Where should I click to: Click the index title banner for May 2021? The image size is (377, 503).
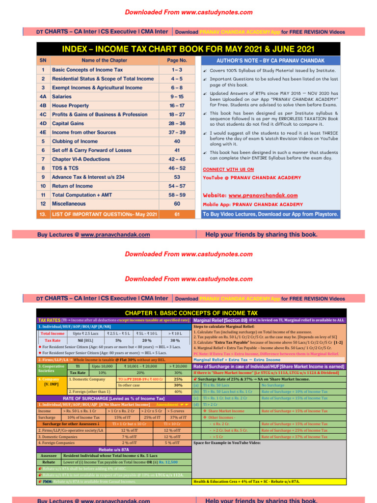[188, 49]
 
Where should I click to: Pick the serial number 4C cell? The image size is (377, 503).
[43, 113]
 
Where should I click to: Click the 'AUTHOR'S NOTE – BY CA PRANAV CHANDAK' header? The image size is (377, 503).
[270, 60]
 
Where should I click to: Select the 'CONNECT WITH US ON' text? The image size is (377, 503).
[228, 169]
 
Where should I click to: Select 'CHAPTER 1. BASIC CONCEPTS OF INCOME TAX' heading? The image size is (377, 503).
[191, 312]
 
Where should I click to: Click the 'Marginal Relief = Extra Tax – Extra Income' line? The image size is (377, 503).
[237, 360]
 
